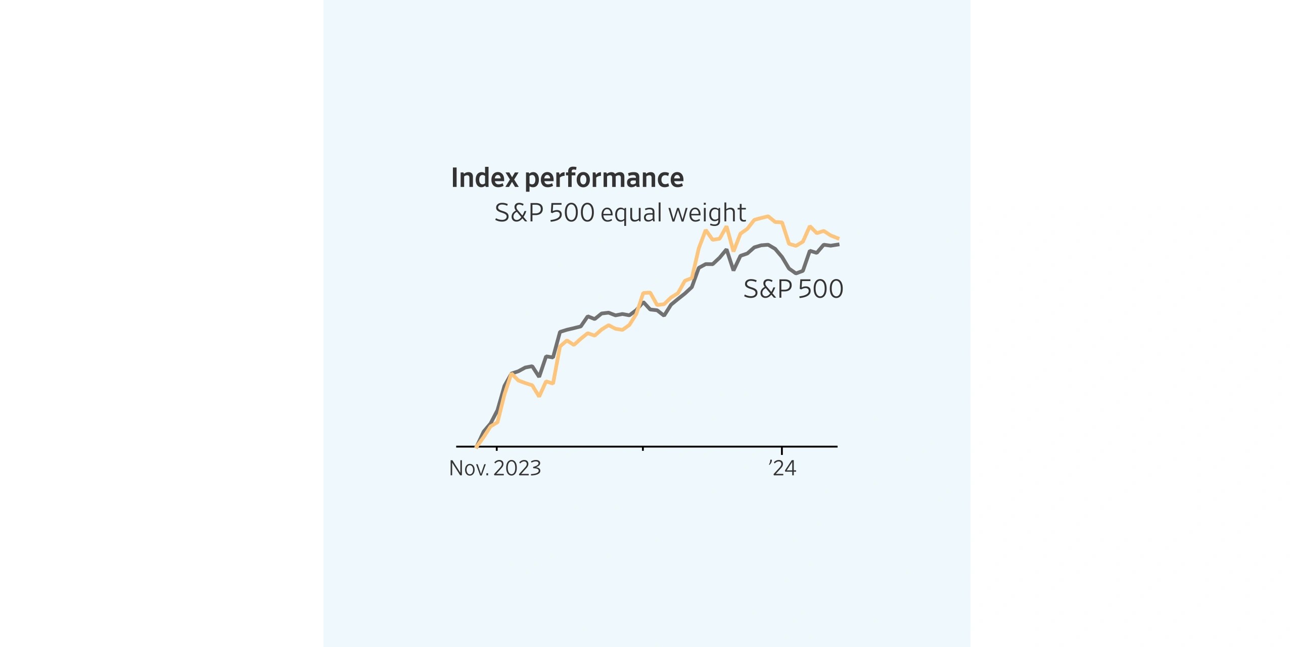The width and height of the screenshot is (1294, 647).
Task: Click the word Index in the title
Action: [x=485, y=178]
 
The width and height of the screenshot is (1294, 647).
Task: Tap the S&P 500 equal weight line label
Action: [x=620, y=213]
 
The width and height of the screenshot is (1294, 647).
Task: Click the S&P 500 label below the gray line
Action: [x=793, y=289]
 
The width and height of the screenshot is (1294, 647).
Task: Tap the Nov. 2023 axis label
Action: [x=495, y=468]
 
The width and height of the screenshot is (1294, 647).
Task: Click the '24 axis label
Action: [x=782, y=468]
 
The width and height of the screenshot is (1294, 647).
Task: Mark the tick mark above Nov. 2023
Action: [x=497, y=448]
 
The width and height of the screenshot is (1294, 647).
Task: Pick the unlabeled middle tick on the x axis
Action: [x=642, y=448]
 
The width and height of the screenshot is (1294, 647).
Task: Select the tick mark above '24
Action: [x=782, y=449]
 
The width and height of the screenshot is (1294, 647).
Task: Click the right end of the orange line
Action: [x=838, y=238]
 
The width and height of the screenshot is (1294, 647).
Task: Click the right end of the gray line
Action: [x=838, y=245]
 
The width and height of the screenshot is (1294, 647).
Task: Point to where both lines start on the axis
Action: [x=476, y=446]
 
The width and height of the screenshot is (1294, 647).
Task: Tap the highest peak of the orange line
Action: [x=768, y=216]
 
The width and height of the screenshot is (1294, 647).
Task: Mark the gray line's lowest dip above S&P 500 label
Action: [x=796, y=273]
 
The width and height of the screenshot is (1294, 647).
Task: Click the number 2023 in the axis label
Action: [x=517, y=468]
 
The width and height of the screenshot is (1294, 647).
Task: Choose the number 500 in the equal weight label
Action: [x=571, y=213]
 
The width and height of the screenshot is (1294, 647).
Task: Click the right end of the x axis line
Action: [x=837, y=446]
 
